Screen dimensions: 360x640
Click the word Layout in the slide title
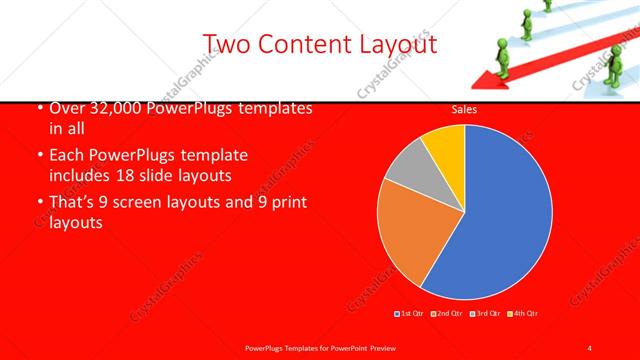388,43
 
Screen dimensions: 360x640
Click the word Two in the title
226,43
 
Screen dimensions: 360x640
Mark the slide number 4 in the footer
590,347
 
